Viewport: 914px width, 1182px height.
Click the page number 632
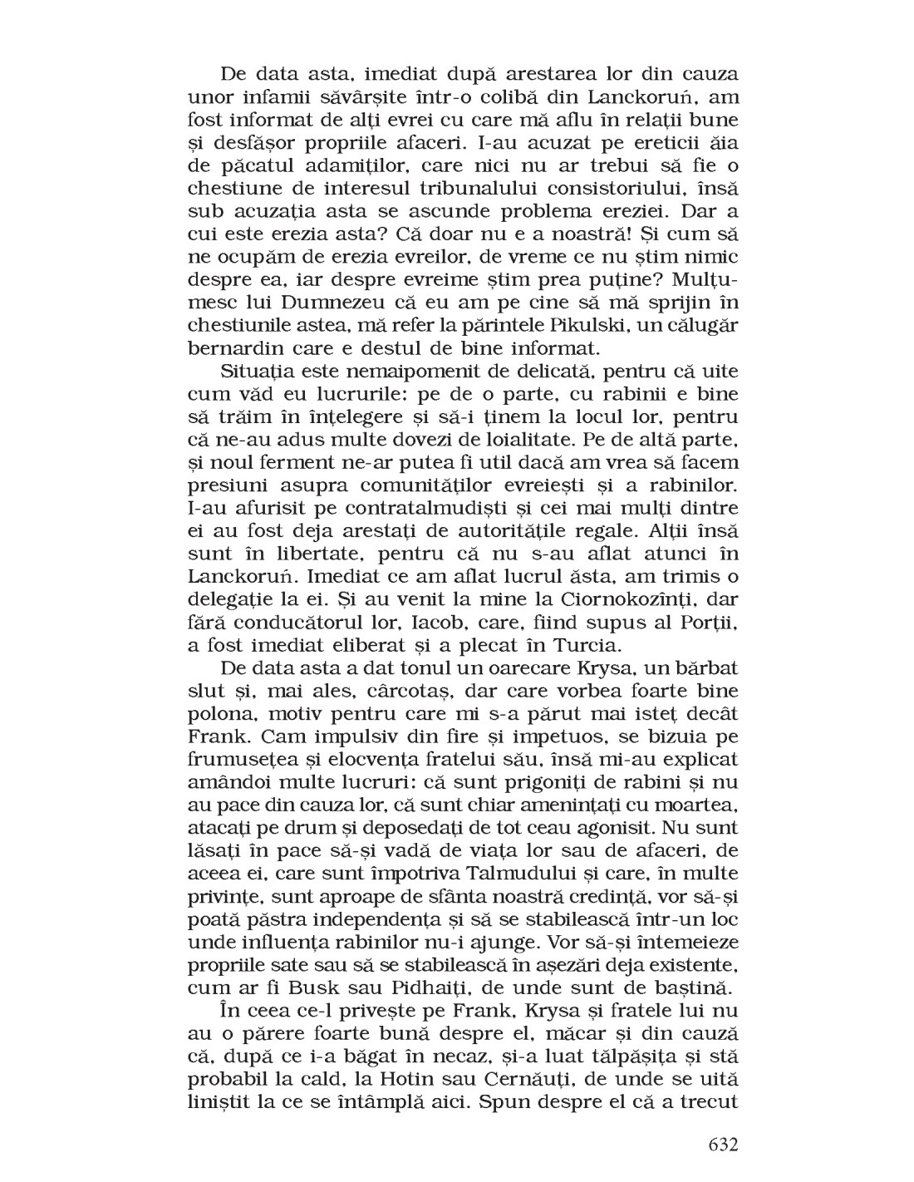point(721,1144)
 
